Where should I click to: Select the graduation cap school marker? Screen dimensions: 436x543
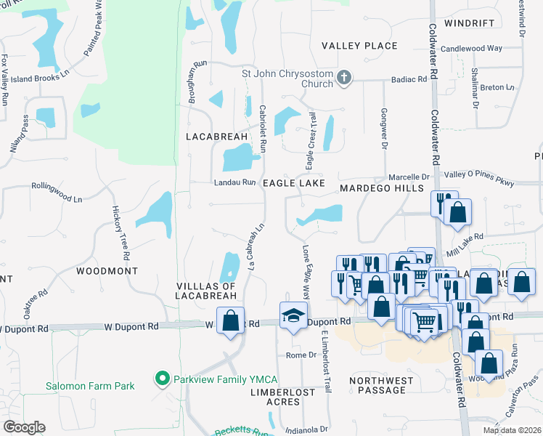pos(293,315)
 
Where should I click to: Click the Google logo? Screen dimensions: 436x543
pos(24,427)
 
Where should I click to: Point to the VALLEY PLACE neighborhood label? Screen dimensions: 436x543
pos(360,46)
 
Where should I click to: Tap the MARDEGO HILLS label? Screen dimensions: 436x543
pos(381,188)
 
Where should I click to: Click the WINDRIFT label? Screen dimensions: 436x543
pos(470,23)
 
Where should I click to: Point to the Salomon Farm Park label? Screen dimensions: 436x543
pos(91,386)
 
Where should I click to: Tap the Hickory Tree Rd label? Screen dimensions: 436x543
pos(120,233)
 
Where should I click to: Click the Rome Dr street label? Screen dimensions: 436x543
pos(301,355)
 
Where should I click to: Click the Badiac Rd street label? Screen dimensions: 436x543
pos(408,80)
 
